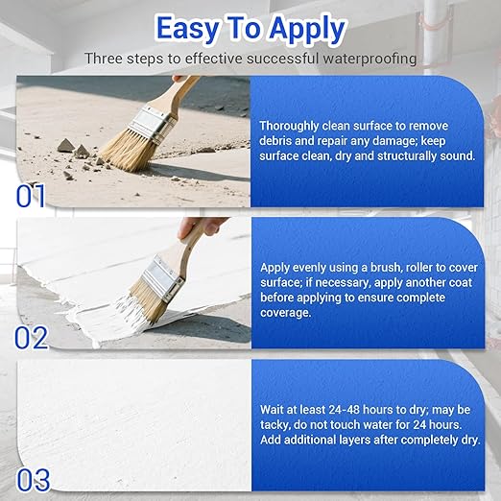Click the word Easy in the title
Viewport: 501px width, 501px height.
tap(192, 29)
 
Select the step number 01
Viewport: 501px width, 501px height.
tap(31, 196)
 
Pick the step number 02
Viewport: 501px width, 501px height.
tap(32, 338)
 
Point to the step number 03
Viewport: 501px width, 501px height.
tap(32, 476)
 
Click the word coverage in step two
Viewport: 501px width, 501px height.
tap(290, 312)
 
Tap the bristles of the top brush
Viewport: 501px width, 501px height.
tap(126, 152)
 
